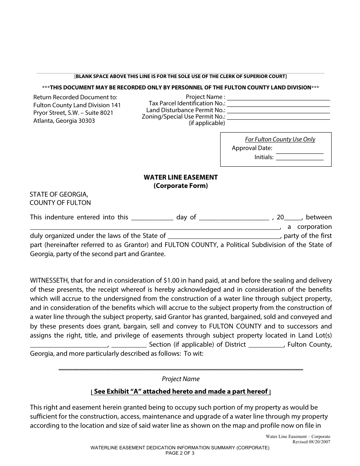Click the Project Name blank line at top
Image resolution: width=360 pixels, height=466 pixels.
coord(279,98)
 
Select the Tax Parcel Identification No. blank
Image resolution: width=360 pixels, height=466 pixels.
coord(279,104)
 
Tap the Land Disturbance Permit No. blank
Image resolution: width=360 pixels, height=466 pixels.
coord(279,111)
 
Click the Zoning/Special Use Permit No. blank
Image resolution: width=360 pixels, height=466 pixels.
coord(279,117)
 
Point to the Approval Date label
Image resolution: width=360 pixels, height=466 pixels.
coord(252,148)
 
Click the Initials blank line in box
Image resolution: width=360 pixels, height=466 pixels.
coord(299,158)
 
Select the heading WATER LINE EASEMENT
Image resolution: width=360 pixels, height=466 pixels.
coord(180,177)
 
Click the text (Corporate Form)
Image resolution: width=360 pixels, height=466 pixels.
coord(180,186)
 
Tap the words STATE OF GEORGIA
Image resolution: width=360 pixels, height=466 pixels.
coord(59,194)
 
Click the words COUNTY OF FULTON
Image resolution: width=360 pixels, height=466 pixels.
coord(60,203)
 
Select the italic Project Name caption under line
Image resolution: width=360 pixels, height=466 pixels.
coord(180,379)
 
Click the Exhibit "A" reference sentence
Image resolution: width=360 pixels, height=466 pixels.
coord(180,391)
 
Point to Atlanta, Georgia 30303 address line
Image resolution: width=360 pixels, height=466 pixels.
coord(64,121)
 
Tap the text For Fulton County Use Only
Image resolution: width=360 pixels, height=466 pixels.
coord(280,139)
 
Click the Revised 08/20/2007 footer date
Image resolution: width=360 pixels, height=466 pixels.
coord(311,442)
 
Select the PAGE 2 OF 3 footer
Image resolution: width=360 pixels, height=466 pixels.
coord(180,452)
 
